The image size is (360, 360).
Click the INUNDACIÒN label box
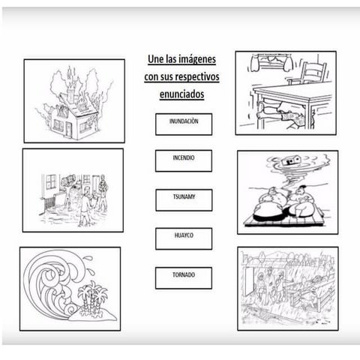184,124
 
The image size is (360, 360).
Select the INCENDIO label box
184,160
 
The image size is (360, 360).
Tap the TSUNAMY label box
184,200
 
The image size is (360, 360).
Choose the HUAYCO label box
184,238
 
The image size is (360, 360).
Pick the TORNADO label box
184,278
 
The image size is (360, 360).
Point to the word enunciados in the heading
182,94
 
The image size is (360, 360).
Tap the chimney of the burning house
71,95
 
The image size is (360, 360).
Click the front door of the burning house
68,130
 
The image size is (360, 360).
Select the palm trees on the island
92,296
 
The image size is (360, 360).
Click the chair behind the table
310,73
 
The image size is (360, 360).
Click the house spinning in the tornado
291,160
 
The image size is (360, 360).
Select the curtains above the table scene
271,62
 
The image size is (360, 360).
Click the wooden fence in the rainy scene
313,295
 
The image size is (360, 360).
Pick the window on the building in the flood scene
51,181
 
